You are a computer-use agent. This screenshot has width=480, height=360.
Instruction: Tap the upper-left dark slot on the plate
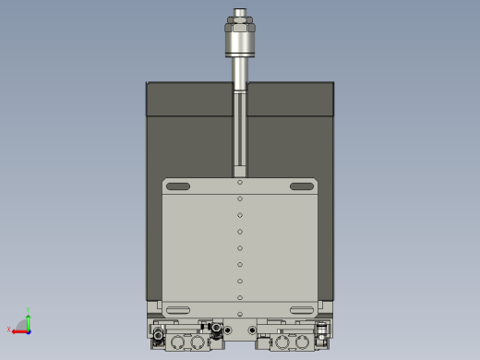coord(178,186)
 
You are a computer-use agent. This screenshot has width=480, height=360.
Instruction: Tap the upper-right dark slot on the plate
coord(302,186)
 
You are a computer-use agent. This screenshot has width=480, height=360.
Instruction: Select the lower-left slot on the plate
coord(178,309)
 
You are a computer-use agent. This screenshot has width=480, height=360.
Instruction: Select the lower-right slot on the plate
coord(302,309)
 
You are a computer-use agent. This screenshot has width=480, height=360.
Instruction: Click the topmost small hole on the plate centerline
coord(240,182)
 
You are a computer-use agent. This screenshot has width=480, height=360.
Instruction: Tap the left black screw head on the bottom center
coord(228,330)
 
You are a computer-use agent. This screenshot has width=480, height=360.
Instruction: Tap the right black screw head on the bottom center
coord(251,330)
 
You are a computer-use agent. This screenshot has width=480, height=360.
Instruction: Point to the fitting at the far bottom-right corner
coord(322,330)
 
